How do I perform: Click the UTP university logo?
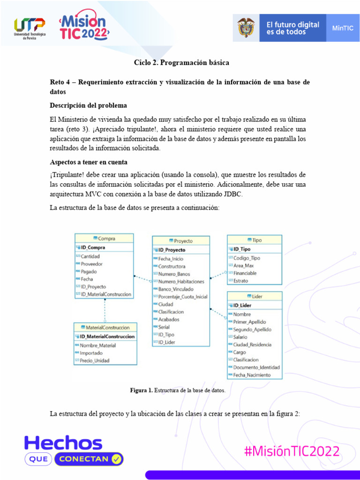click(x=30, y=29)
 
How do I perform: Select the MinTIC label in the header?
click(x=343, y=28)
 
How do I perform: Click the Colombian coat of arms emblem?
click(x=246, y=28)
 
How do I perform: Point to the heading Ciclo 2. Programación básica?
click(x=181, y=62)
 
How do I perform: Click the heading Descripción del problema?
click(x=88, y=105)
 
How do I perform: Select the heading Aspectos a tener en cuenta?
click(x=89, y=162)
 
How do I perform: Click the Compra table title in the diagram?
click(x=104, y=239)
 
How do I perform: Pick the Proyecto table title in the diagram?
click(x=181, y=241)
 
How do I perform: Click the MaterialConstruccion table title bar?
click(x=105, y=328)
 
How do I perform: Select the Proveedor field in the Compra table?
click(x=91, y=264)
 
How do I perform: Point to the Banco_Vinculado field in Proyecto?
click(x=176, y=289)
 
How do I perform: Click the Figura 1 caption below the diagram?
click(x=178, y=390)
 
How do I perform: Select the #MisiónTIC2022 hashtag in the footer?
click(x=292, y=451)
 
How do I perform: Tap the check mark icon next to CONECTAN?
click(x=117, y=459)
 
